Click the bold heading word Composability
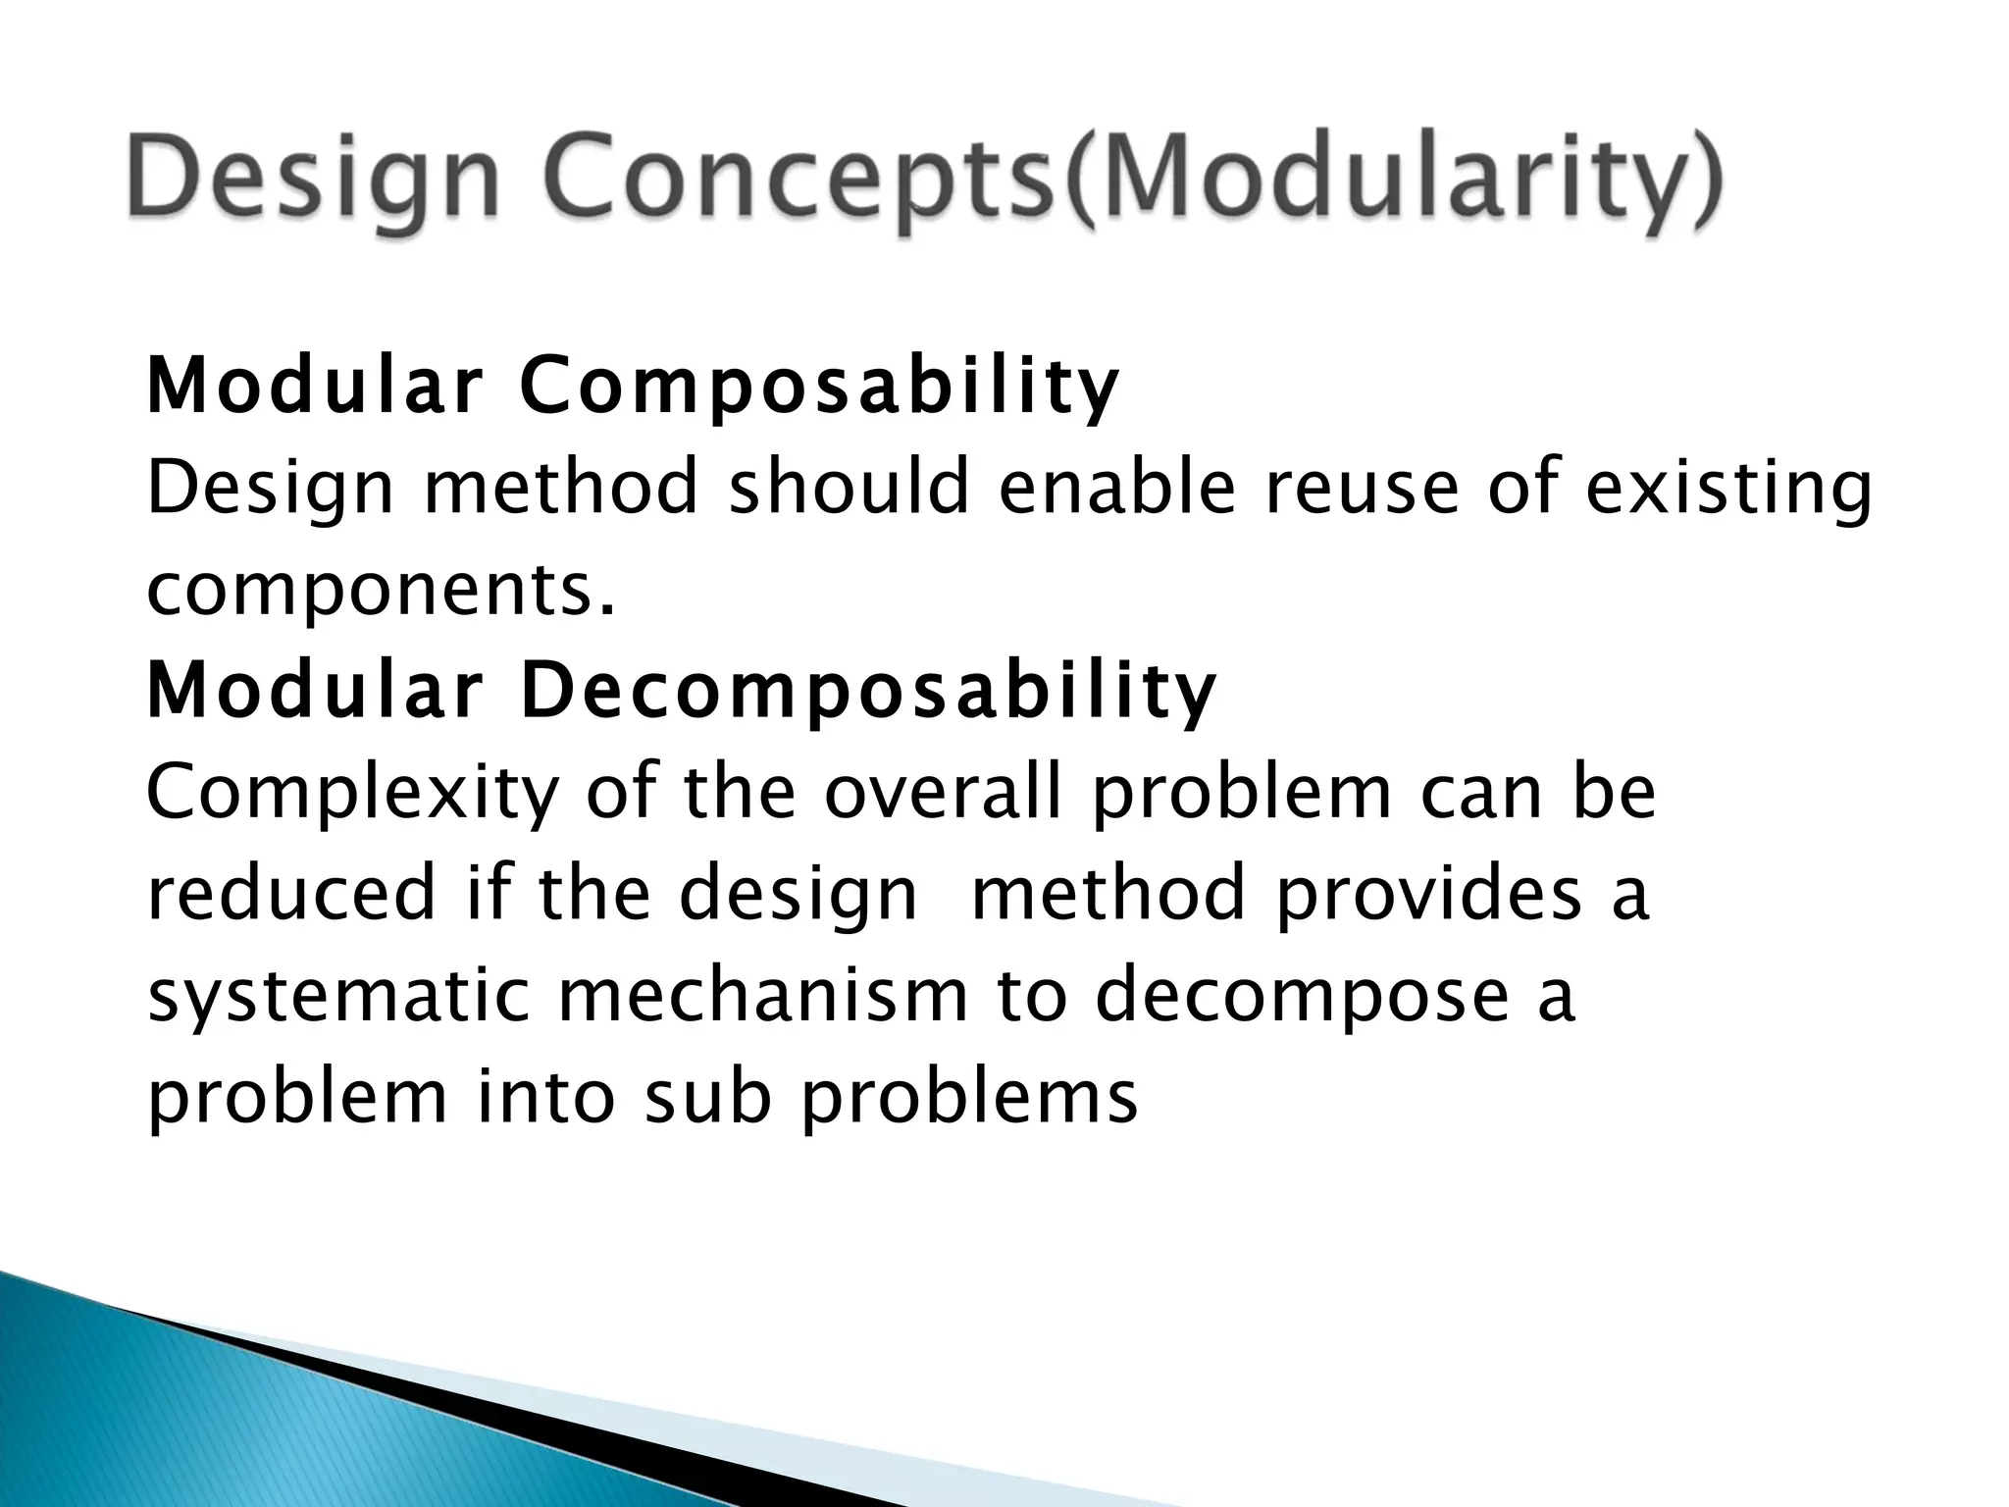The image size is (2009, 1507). (x=819, y=386)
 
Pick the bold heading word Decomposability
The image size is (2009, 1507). (x=868, y=690)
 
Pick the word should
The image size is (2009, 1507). (x=849, y=488)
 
